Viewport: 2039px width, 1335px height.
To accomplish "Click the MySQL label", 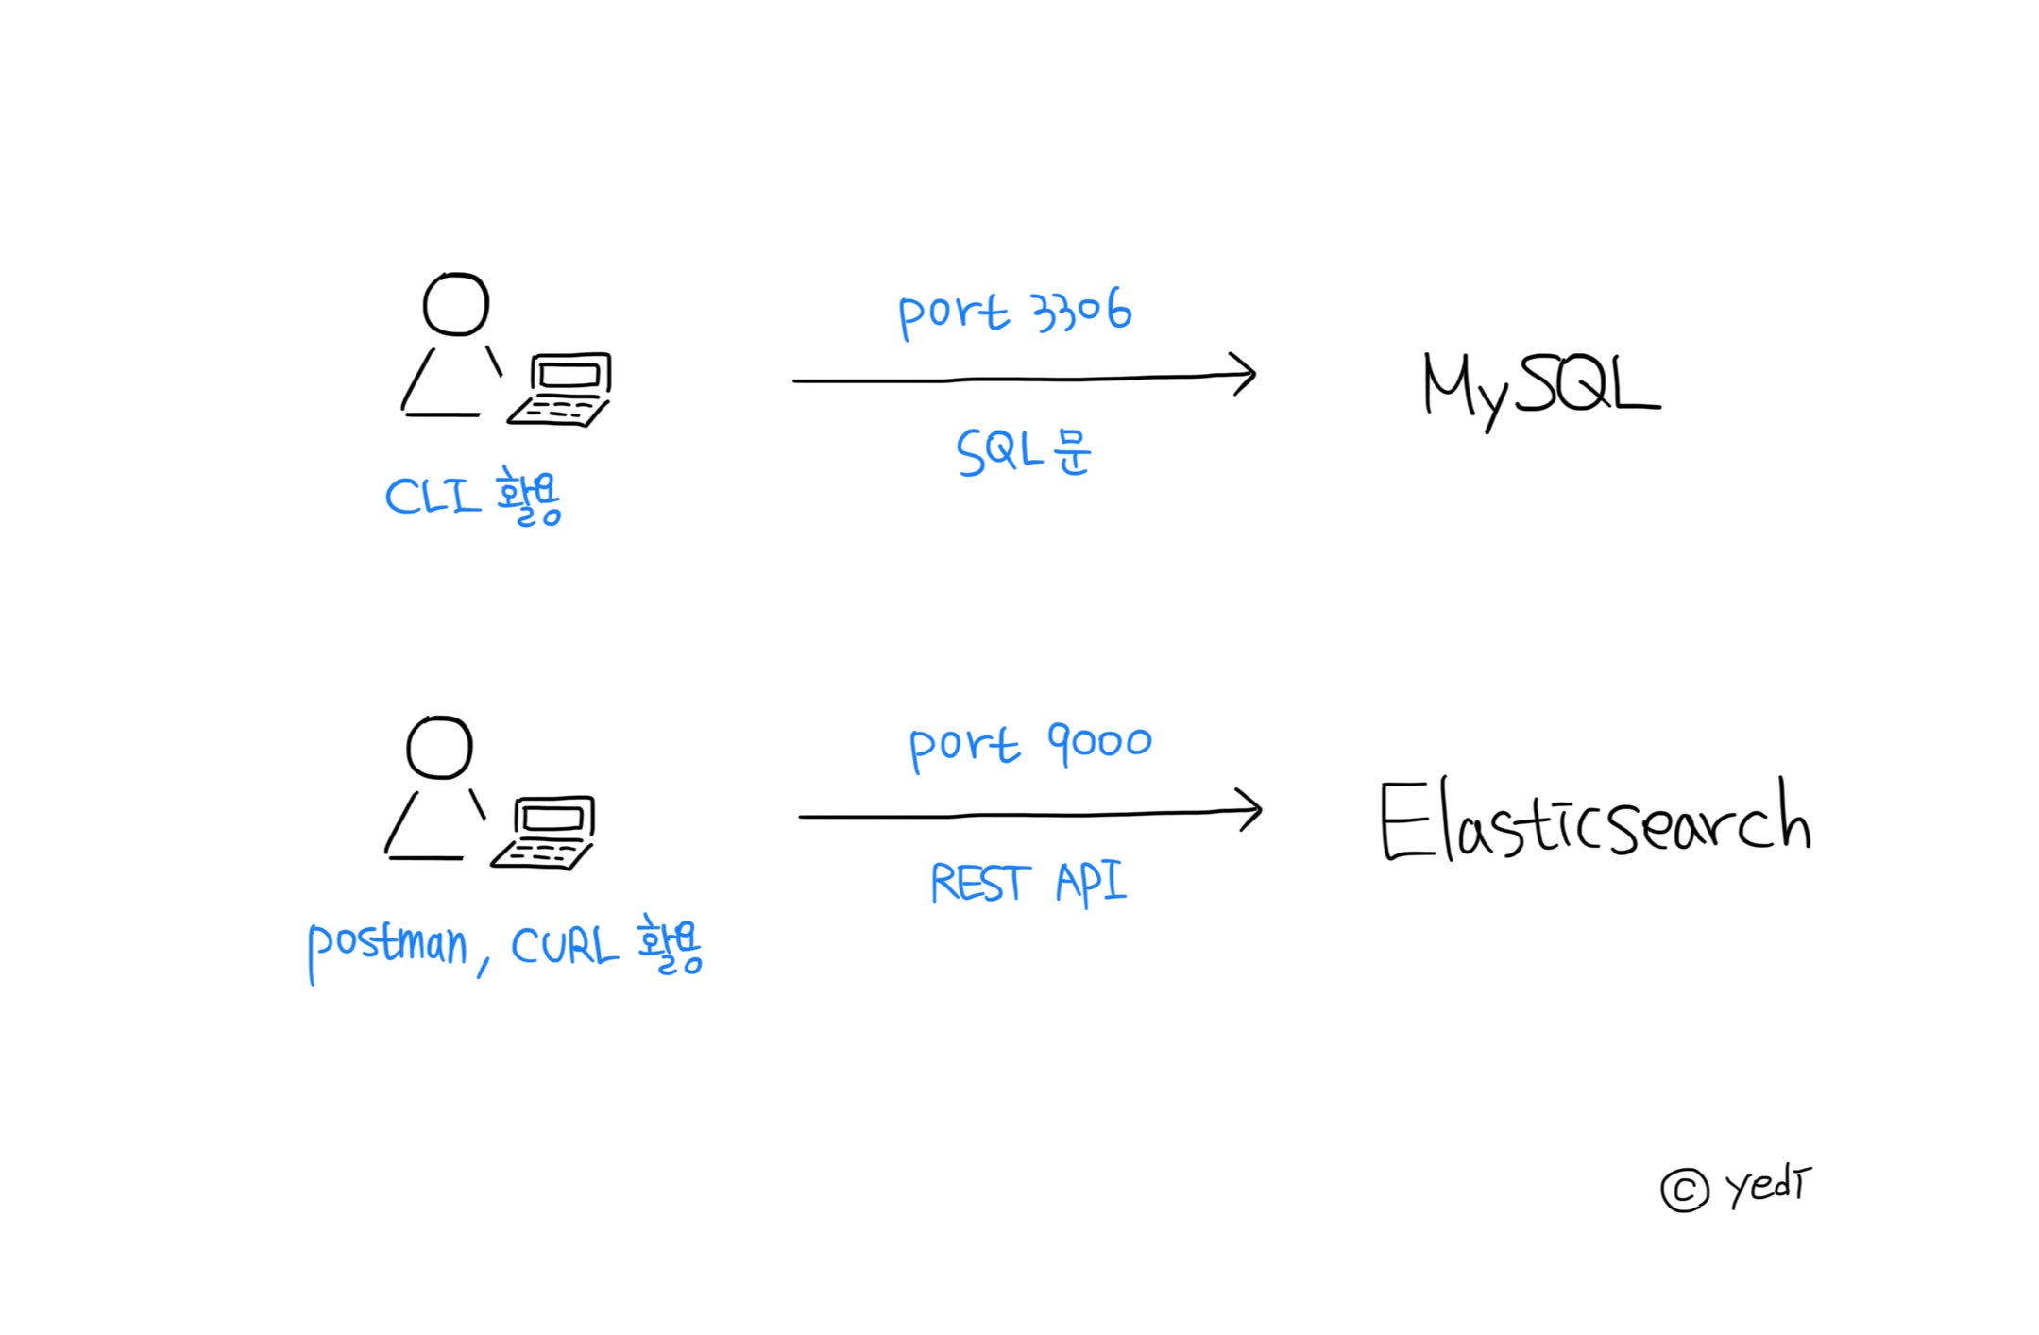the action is tap(1541, 389).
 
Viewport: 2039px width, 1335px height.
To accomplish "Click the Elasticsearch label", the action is tap(1595, 819).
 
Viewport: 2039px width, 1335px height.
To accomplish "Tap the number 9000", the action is tap(1099, 742).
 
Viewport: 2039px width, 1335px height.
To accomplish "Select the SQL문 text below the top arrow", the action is tap(1024, 451).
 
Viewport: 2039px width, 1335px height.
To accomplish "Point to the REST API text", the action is tap(1028, 883).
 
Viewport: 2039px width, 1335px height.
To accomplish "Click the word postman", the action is tap(387, 948).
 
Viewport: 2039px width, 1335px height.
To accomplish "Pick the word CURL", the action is tap(565, 945).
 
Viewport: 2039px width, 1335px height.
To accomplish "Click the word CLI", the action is tap(433, 496).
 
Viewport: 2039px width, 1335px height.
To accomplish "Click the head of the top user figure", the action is tap(456, 304).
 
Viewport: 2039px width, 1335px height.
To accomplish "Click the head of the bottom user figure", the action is tap(439, 747).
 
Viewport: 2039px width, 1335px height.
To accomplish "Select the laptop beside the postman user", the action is tap(543, 834).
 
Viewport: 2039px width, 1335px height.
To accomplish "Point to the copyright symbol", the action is tap(1685, 1191).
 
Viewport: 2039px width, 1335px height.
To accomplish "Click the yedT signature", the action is tap(1769, 1186).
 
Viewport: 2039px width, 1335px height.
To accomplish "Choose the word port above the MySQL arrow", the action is tap(954, 313).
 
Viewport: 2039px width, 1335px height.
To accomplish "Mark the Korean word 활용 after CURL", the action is tap(670, 944).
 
